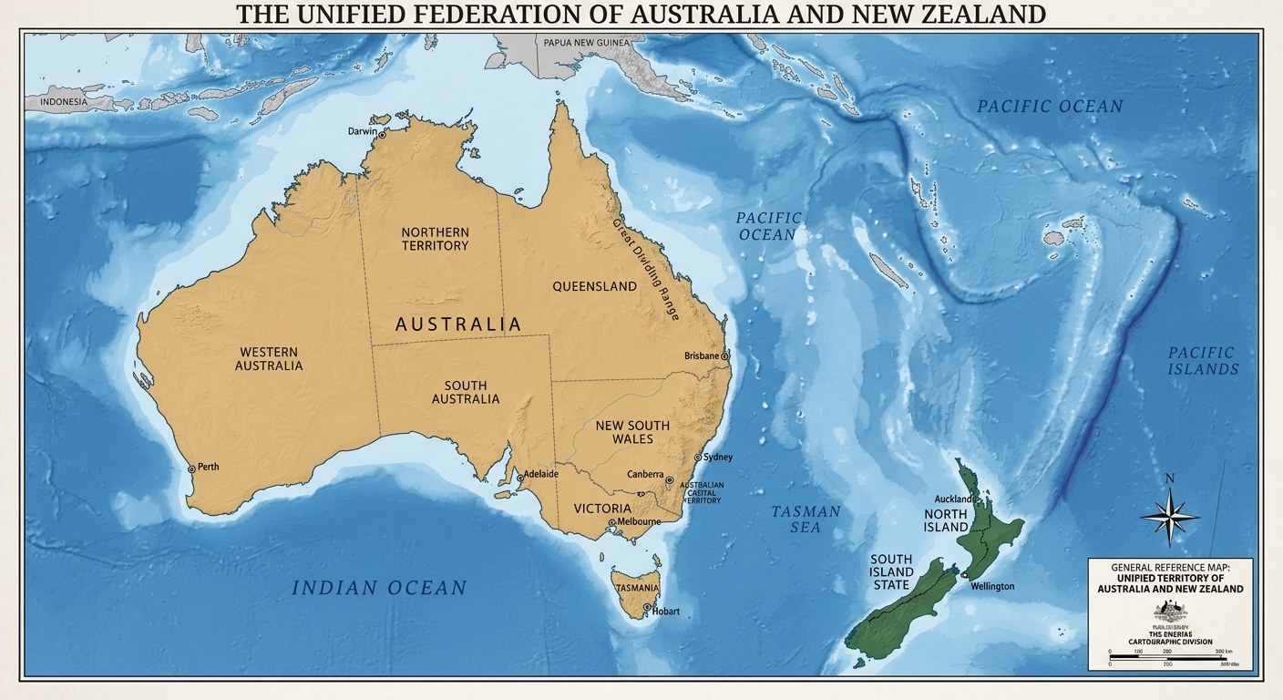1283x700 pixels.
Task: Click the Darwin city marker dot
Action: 383,136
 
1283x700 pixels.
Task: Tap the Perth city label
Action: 208,468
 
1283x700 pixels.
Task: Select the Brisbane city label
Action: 702,356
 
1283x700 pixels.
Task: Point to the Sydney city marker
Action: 698,458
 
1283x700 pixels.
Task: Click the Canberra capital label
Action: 645,475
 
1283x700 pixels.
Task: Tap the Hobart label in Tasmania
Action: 666,612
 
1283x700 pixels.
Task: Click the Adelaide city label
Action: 541,475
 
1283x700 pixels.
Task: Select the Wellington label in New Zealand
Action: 991,586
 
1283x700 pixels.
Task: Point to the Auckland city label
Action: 954,499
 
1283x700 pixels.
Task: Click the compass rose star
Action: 1170,516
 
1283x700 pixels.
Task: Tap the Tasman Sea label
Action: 806,520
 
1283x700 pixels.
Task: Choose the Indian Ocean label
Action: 379,589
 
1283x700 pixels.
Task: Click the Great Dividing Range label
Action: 646,269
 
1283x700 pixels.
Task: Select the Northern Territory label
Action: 435,239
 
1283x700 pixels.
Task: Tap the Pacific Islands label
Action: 1203,361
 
